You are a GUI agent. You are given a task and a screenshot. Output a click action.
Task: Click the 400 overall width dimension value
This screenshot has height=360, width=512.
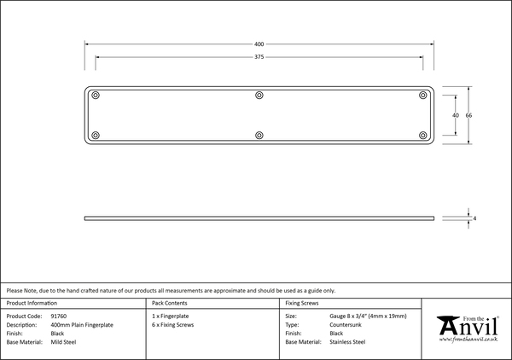click(x=259, y=43)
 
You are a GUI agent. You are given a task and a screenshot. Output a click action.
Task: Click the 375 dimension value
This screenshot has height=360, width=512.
click(x=259, y=57)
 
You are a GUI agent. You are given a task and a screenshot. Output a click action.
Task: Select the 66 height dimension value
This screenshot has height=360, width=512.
click(x=468, y=114)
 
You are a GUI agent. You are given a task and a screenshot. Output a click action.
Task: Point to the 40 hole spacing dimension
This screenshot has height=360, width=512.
click(x=455, y=114)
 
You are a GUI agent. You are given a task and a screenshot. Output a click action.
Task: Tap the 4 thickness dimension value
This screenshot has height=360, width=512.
click(x=474, y=219)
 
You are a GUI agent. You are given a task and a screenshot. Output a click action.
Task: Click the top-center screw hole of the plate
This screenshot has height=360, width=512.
click(x=259, y=94)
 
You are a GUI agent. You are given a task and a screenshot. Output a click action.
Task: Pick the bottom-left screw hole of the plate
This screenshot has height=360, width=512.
click(x=96, y=135)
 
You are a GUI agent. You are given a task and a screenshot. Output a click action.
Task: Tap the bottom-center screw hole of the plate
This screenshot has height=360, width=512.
click(x=259, y=135)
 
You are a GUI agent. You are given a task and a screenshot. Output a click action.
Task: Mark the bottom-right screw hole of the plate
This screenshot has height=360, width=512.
click(x=422, y=135)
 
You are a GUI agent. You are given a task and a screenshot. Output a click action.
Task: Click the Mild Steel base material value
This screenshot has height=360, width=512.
click(x=63, y=341)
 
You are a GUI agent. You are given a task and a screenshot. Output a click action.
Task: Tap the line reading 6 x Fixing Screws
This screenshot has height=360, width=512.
click(x=173, y=325)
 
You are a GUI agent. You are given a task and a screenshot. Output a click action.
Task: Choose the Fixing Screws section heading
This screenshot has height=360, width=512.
click(x=302, y=303)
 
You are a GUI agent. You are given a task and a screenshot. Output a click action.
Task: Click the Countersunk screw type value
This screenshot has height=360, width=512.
click(x=346, y=325)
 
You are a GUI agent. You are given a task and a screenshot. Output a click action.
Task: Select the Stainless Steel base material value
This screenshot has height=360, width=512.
click(x=347, y=341)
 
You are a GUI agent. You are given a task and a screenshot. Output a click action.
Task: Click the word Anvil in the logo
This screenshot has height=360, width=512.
click(x=467, y=328)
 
